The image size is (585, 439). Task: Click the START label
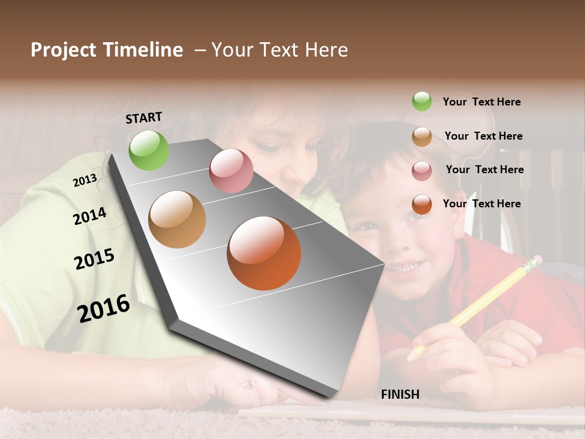click(x=144, y=118)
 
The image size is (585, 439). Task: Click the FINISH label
click(x=400, y=394)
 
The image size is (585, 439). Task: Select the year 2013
click(x=85, y=180)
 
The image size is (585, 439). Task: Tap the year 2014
click(x=90, y=216)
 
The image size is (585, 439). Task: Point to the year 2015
click(x=94, y=260)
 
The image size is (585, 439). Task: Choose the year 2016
click(x=104, y=308)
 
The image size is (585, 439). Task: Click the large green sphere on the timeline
click(x=149, y=150)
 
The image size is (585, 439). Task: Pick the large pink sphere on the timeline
click(x=231, y=171)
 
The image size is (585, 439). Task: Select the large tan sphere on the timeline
click(x=177, y=220)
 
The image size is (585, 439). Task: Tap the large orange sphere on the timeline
click(x=264, y=253)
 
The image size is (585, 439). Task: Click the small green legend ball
click(x=422, y=101)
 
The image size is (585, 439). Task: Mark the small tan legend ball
click(x=422, y=137)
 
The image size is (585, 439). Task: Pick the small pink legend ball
click(x=422, y=171)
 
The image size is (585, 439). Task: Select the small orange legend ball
click(x=422, y=204)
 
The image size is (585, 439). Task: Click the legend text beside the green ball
click(x=481, y=102)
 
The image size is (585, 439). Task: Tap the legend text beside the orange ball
click(x=481, y=204)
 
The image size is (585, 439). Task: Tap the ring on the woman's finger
click(x=249, y=384)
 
